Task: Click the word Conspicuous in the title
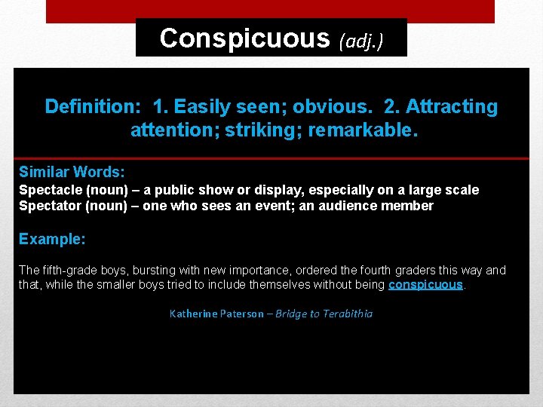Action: [x=244, y=38]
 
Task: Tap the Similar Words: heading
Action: [x=72, y=172]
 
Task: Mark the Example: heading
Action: [x=52, y=239]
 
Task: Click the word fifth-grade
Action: [x=73, y=270]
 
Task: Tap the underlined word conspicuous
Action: [x=425, y=285]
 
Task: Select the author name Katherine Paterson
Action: [x=216, y=314]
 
